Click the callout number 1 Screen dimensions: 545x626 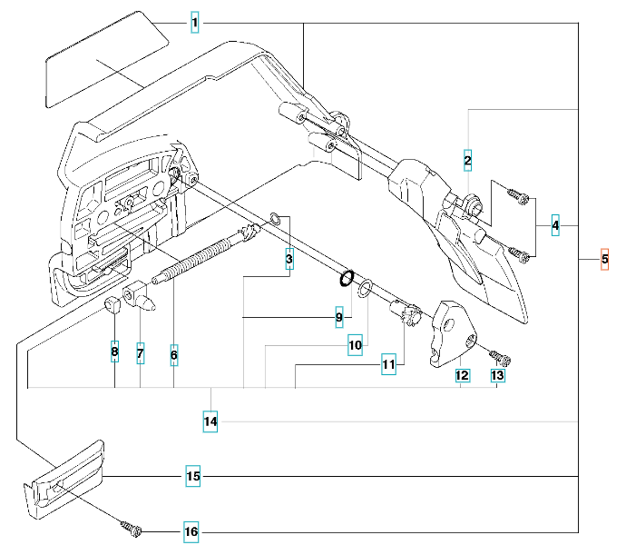(x=196, y=21)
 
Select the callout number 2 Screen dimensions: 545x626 (x=467, y=162)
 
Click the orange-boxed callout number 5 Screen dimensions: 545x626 (x=603, y=262)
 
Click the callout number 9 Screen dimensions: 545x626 (x=338, y=317)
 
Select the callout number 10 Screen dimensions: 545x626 (x=355, y=345)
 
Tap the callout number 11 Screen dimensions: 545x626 (x=388, y=365)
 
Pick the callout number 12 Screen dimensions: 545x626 (x=461, y=375)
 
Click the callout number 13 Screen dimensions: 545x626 (x=497, y=375)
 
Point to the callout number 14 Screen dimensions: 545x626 (x=210, y=421)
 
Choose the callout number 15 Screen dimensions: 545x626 (x=192, y=475)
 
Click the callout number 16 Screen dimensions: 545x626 (x=191, y=532)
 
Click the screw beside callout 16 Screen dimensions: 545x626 (x=132, y=528)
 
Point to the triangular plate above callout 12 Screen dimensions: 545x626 (x=451, y=332)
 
